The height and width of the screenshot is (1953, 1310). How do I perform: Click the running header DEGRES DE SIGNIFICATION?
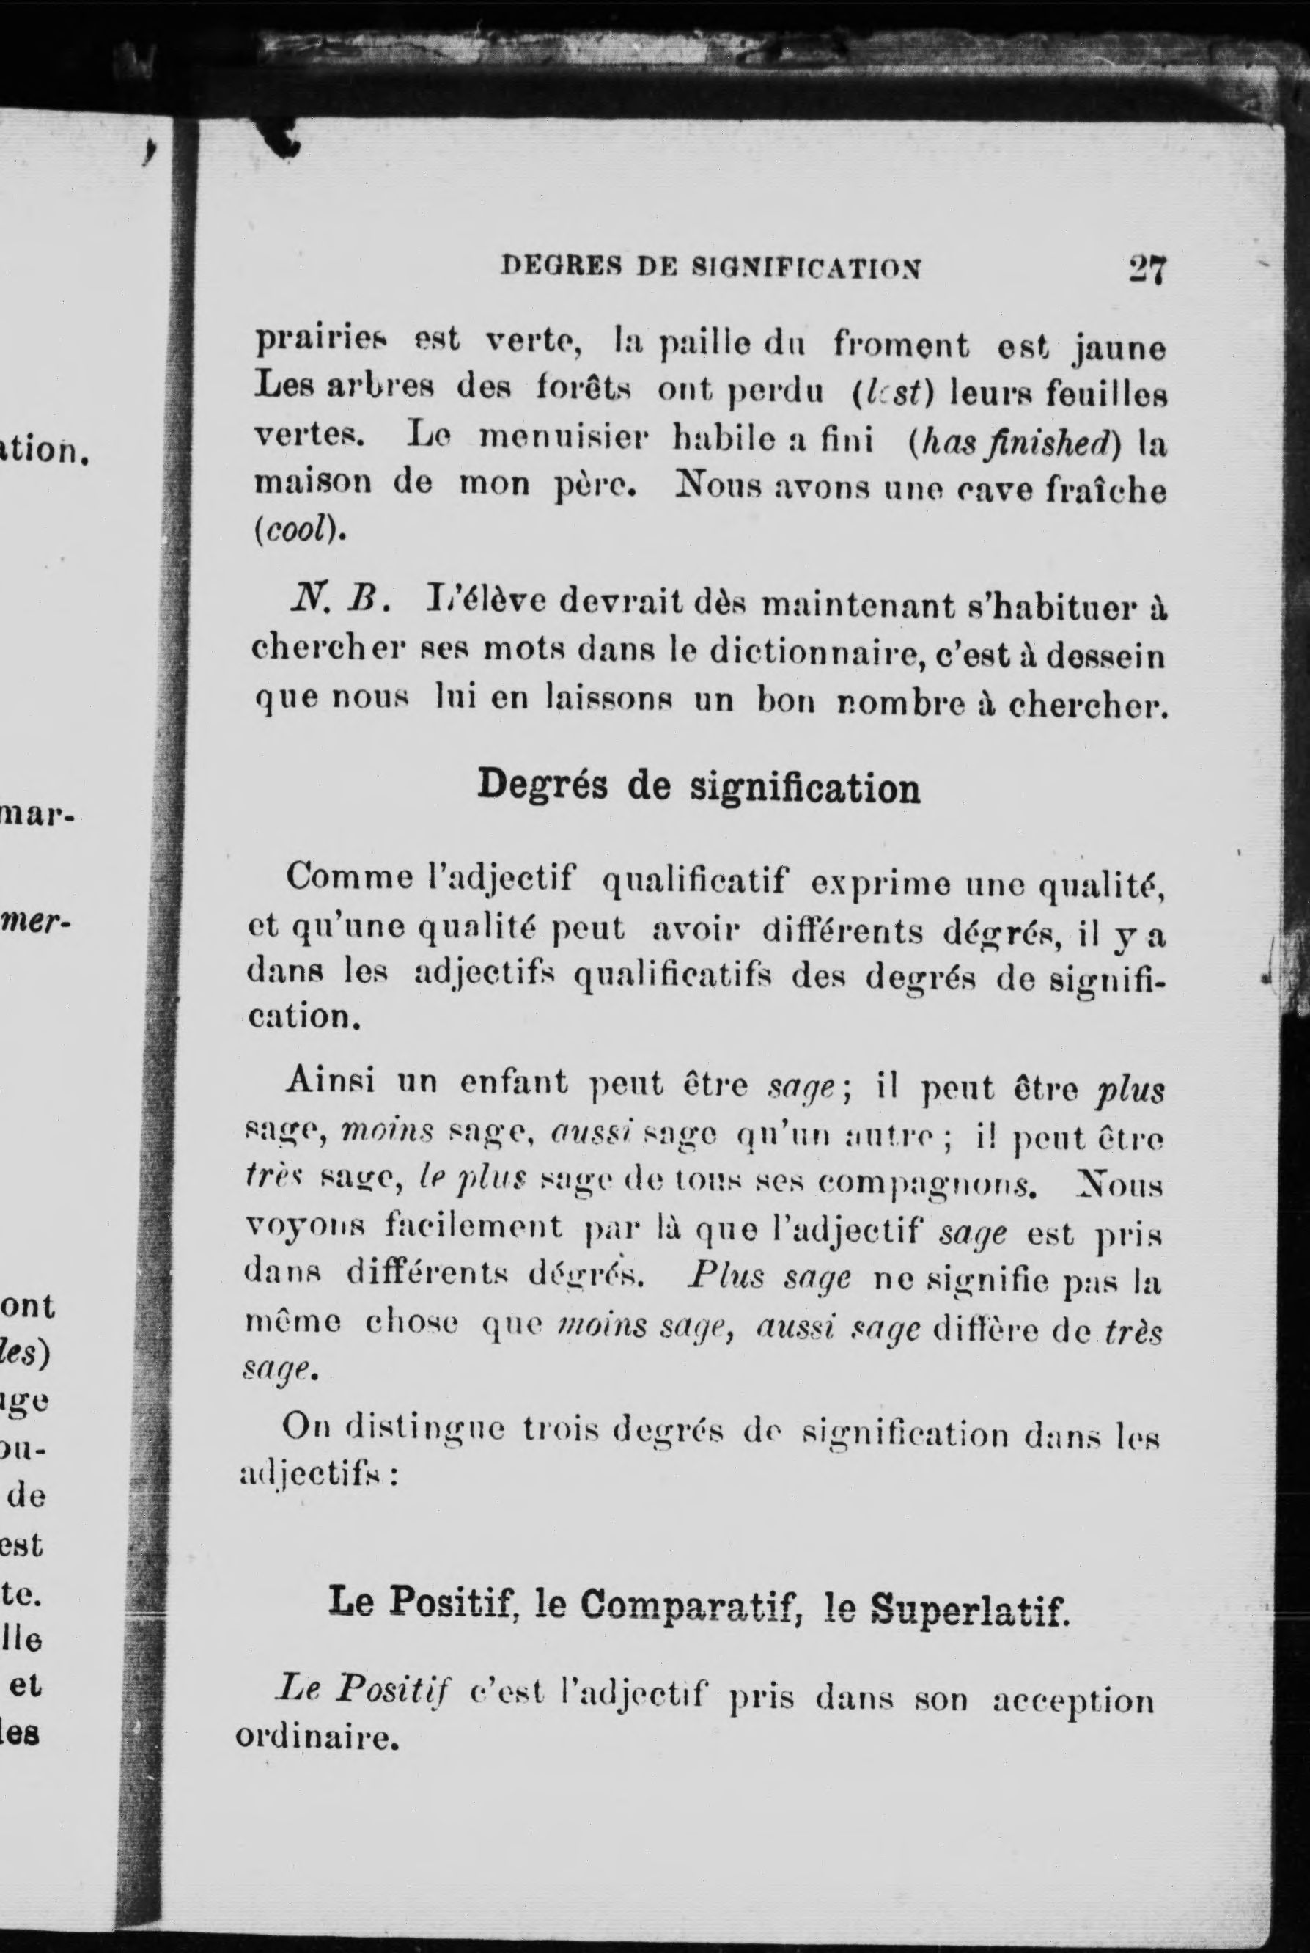(x=711, y=268)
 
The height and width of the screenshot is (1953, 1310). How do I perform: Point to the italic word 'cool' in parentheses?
(x=297, y=532)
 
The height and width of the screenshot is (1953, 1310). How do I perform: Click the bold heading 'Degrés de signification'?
(x=699, y=787)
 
